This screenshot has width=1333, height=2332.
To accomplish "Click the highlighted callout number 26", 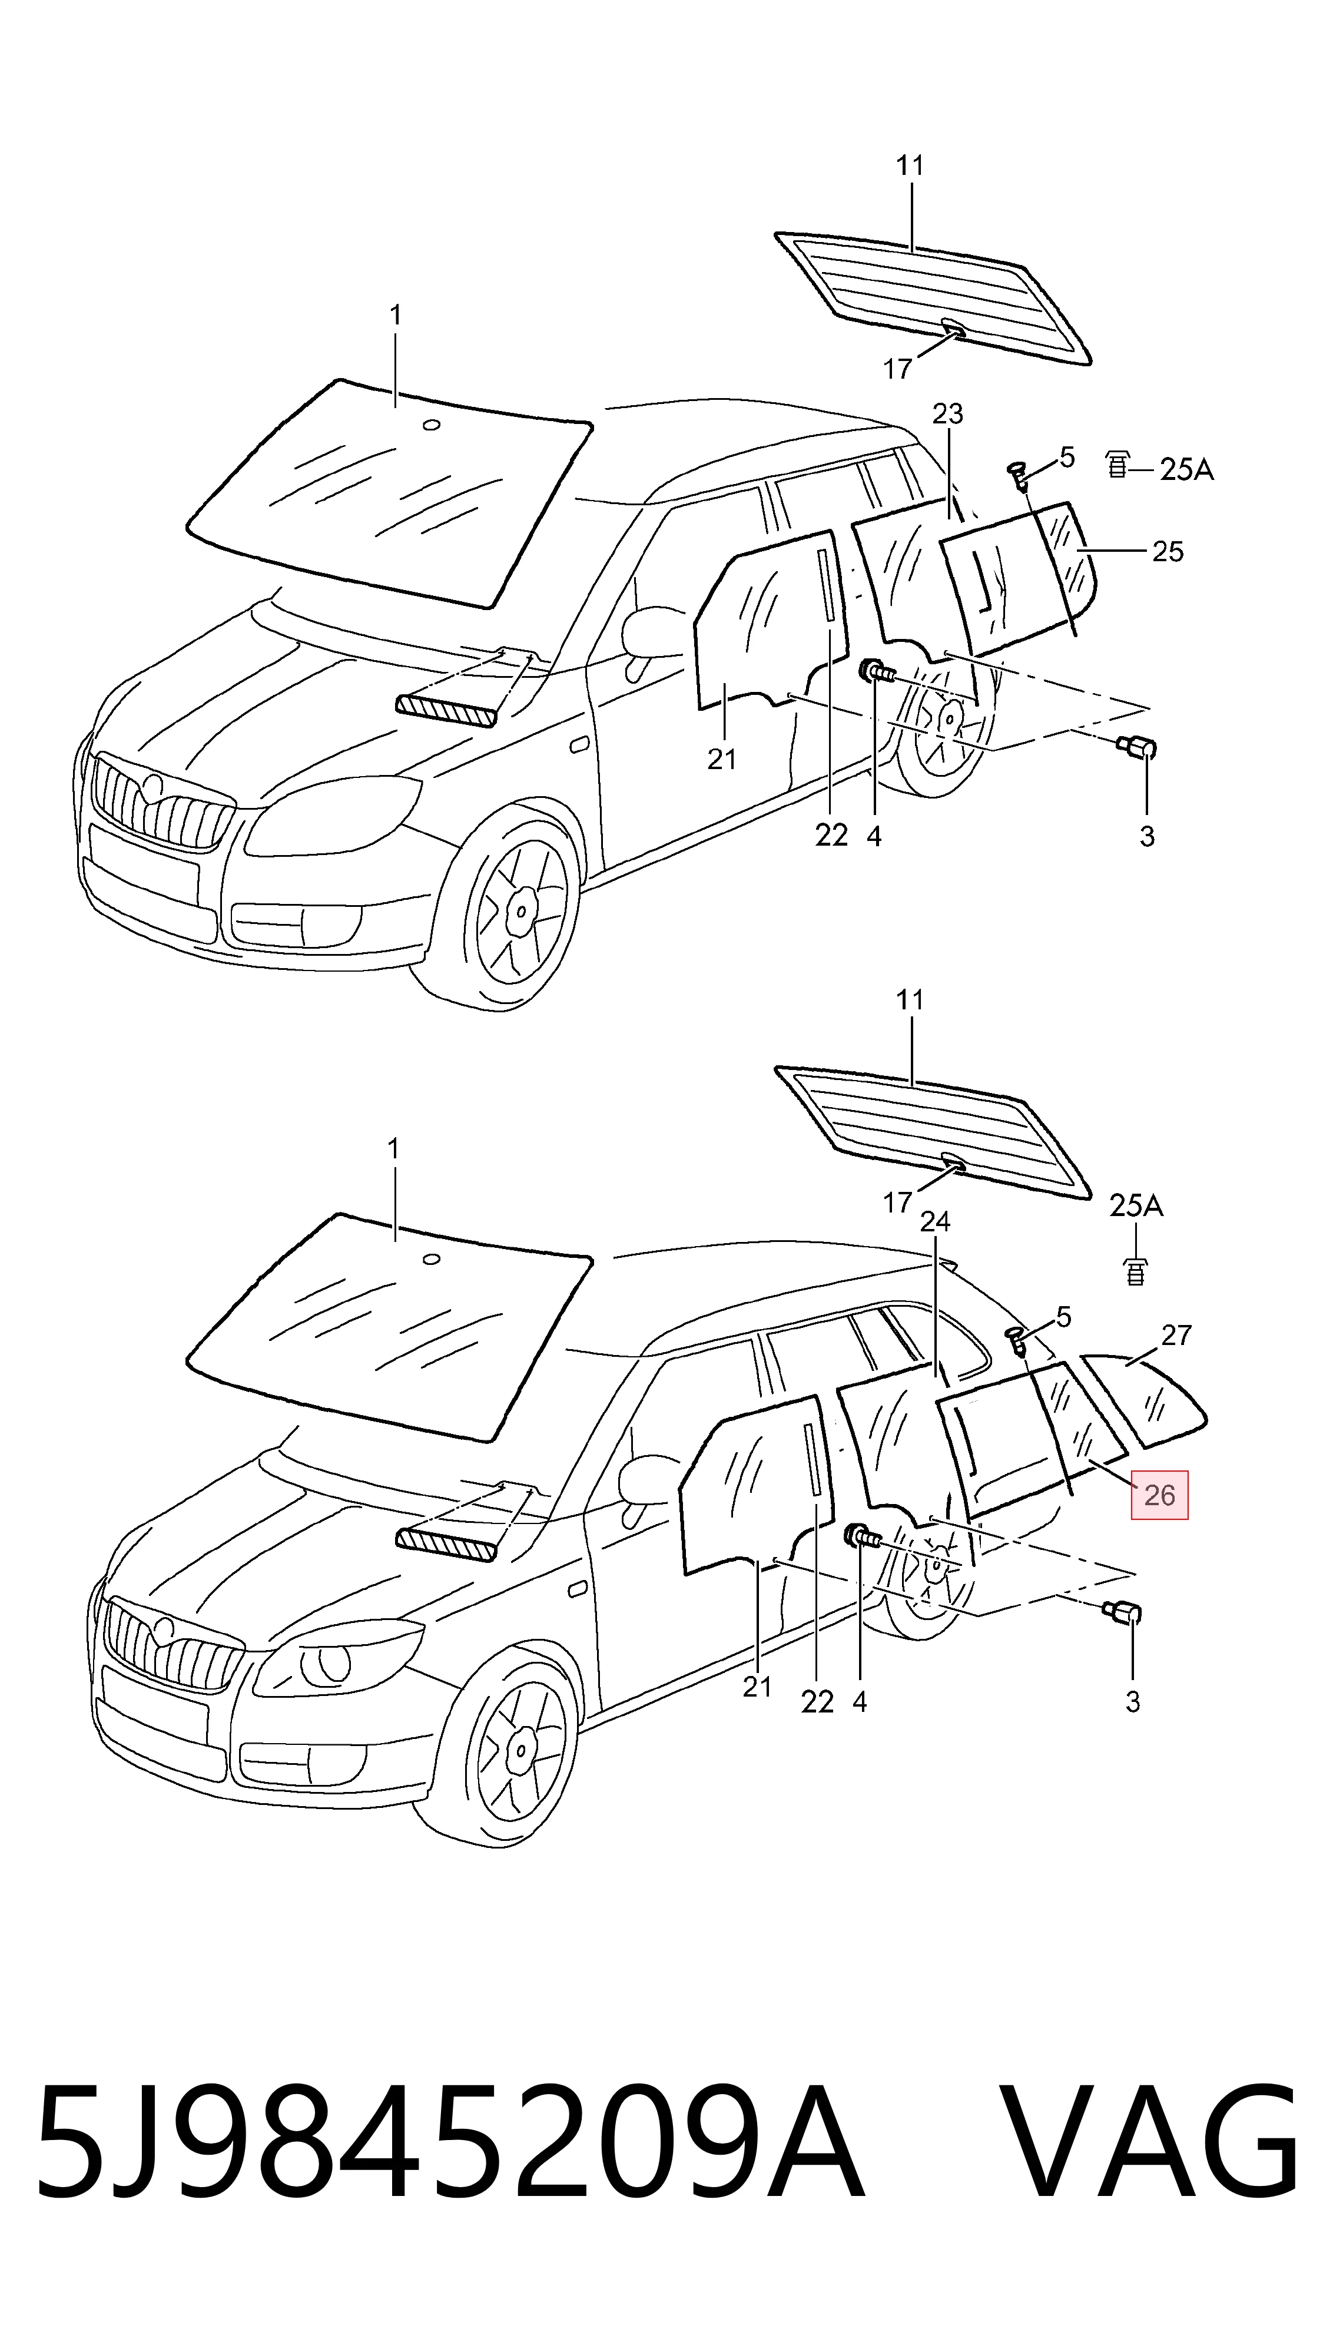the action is click(x=1159, y=1495).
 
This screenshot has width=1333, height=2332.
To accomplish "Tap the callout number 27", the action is click(x=1176, y=1335).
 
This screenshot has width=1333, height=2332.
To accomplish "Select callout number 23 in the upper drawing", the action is click(x=947, y=414).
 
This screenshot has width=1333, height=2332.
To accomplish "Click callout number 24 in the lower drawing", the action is click(x=935, y=1221).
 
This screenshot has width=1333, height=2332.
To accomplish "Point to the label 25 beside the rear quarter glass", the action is click(x=1168, y=551).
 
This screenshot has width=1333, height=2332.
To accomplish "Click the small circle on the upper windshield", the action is click(x=431, y=425).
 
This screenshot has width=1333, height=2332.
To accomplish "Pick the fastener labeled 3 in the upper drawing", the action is click(x=1136, y=750).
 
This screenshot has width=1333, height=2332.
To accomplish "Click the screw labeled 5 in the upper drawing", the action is click(x=1017, y=473).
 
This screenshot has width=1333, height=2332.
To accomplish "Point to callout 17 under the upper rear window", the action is click(x=897, y=369).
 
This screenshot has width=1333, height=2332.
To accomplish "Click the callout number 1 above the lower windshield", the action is click(x=394, y=1148).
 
